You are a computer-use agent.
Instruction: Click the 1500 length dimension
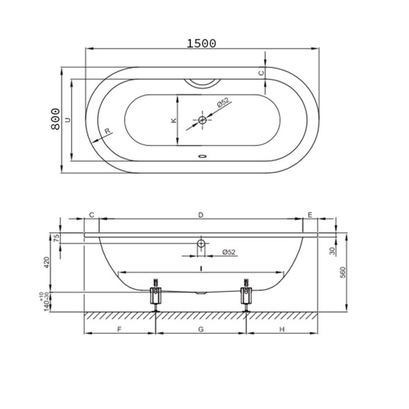(x=202, y=43)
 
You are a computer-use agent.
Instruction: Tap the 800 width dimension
(x=56, y=119)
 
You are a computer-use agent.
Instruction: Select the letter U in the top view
(x=68, y=120)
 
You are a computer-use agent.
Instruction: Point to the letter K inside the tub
(x=174, y=121)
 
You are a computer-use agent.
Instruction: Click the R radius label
(x=108, y=131)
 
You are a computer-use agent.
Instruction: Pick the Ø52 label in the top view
(x=223, y=102)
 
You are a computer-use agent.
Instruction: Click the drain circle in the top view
(x=202, y=120)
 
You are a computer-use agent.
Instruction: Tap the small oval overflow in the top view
(x=202, y=156)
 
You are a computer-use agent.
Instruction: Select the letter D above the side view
(x=200, y=215)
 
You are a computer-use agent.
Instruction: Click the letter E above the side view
(x=310, y=215)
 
